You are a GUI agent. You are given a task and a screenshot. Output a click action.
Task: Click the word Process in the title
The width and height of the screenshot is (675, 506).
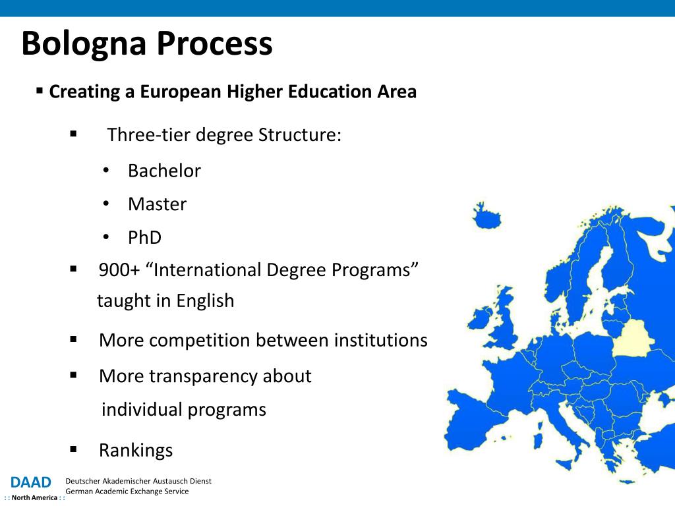pyautogui.click(x=214, y=43)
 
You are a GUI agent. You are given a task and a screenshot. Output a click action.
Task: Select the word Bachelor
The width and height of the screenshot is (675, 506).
pyautogui.click(x=164, y=171)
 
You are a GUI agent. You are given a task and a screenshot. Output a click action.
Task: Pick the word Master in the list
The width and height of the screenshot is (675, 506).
pyautogui.click(x=158, y=204)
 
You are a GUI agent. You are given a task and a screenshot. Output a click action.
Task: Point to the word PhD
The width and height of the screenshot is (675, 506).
pyautogui.click(x=144, y=237)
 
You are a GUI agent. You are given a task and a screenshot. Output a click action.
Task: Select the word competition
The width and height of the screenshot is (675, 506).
pyautogui.click(x=200, y=341)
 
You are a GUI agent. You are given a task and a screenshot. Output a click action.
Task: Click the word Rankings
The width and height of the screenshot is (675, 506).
pyautogui.click(x=136, y=451)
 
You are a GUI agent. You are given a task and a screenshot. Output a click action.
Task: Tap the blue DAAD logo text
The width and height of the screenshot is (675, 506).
pyautogui.click(x=30, y=482)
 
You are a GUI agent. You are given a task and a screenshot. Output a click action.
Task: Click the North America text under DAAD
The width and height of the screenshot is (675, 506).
pyautogui.click(x=34, y=498)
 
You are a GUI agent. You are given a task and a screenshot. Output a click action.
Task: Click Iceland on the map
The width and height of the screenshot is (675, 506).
pyautogui.click(x=487, y=215)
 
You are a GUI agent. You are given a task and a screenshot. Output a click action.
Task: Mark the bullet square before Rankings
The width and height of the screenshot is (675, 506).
pyautogui.click(x=73, y=449)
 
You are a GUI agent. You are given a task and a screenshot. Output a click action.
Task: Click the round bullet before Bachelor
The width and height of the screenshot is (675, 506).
pyautogui.click(x=106, y=171)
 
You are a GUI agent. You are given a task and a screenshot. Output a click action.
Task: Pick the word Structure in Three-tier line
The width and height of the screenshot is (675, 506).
pyautogui.click(x=300, y=134)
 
